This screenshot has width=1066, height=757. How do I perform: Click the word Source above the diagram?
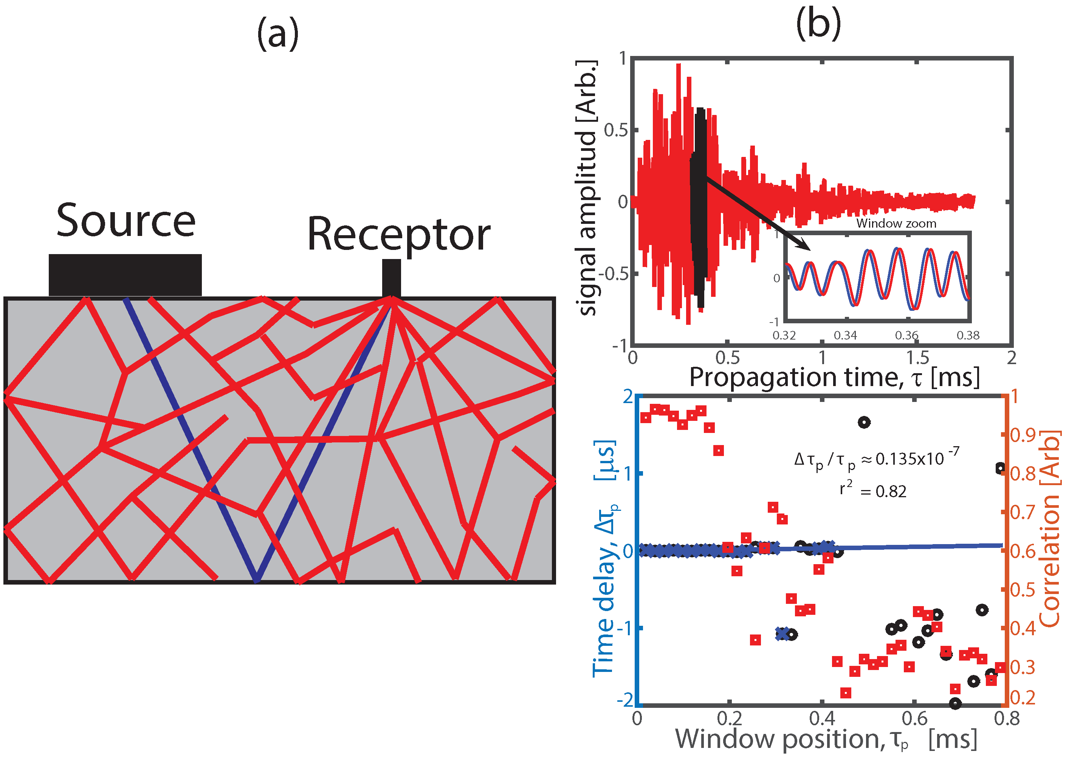[126, 221]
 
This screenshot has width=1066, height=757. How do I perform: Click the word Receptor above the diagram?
[398, 234]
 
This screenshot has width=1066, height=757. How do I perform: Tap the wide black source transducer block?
[125, 275]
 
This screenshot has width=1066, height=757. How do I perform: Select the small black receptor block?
[391, 277]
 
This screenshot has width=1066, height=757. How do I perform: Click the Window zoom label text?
[896, 223]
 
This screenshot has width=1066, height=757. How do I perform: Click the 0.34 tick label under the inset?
[845, 335]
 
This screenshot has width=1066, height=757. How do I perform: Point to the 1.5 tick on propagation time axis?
[917, 358]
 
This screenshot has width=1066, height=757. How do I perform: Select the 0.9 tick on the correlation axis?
[1023, 435]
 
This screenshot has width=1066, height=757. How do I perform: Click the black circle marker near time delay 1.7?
[864, 422]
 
